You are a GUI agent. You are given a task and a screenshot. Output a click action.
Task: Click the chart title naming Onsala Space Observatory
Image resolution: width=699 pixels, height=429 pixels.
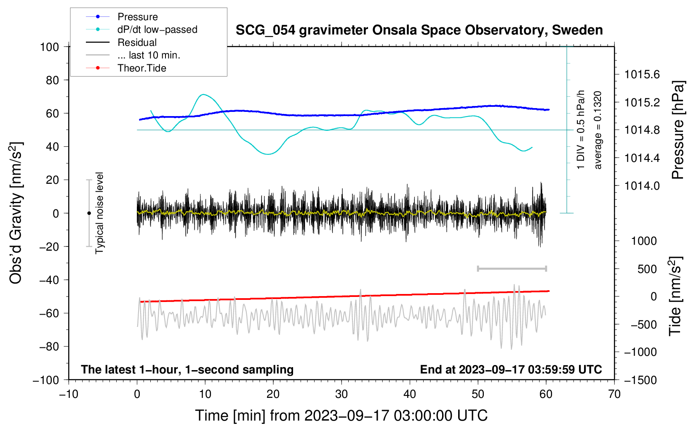coord(419,30)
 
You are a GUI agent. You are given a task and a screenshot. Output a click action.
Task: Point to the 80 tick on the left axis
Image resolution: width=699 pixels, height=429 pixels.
coord(52,80)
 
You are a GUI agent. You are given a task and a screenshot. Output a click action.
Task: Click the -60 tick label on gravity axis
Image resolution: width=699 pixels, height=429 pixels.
coord(49,313)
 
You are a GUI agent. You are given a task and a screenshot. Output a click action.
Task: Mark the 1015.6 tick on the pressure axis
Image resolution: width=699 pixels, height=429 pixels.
coord(642,74)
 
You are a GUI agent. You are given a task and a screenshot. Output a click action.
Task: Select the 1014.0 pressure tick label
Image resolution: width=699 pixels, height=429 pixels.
coord(642,186)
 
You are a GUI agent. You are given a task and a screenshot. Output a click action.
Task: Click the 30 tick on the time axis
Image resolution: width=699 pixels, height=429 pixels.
coord(341,394)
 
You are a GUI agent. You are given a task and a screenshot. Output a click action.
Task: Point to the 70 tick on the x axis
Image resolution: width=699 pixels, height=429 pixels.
coord(614,394)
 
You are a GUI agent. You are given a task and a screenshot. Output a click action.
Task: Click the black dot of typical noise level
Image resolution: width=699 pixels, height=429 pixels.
coord(89,213)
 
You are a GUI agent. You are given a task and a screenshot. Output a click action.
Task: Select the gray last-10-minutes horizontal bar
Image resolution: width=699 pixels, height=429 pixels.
coord(512,268)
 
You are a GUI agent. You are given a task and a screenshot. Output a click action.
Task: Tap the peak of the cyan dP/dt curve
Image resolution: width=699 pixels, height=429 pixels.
coord(203,94)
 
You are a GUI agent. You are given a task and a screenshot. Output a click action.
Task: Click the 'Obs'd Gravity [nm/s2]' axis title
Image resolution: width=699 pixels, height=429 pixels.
coord(16,213)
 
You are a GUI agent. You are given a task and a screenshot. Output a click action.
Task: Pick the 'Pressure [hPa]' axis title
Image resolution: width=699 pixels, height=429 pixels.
coord(678,130)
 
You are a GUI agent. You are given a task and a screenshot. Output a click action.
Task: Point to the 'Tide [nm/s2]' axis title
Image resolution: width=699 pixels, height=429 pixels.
coord(675,296)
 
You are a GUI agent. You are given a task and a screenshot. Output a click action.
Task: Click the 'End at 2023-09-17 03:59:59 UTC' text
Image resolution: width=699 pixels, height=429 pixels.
coord(511,369)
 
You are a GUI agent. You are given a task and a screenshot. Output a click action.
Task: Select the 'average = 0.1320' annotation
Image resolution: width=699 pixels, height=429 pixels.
coord(598,130)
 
